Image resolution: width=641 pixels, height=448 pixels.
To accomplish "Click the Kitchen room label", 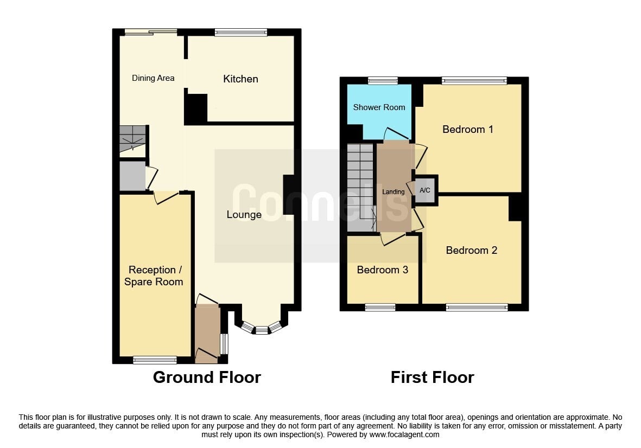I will click(240, 79).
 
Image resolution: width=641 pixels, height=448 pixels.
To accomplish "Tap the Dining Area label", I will click(153, 78).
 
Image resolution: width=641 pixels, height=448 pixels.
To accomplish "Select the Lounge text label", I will click(244, 215).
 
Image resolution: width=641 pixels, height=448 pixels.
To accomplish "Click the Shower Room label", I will click(379, 107).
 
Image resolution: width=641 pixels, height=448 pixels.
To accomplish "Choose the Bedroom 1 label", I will click(467, 130).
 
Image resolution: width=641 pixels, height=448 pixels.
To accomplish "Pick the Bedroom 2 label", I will click(471, 250).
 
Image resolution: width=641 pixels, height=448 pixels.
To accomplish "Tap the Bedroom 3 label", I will click(382, 270).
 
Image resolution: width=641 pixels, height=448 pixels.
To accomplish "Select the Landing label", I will click(393, 192).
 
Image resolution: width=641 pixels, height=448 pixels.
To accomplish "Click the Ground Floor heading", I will click(207, 377).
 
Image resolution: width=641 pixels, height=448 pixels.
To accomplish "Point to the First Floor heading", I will click(432, 377).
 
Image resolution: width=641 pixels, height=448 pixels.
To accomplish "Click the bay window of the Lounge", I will click(262, 329).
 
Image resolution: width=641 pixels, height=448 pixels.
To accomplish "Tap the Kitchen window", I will click(240, 33).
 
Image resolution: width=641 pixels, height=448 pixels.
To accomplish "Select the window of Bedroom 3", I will click(380, 308).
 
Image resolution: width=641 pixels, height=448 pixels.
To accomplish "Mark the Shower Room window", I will click(382, 81).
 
